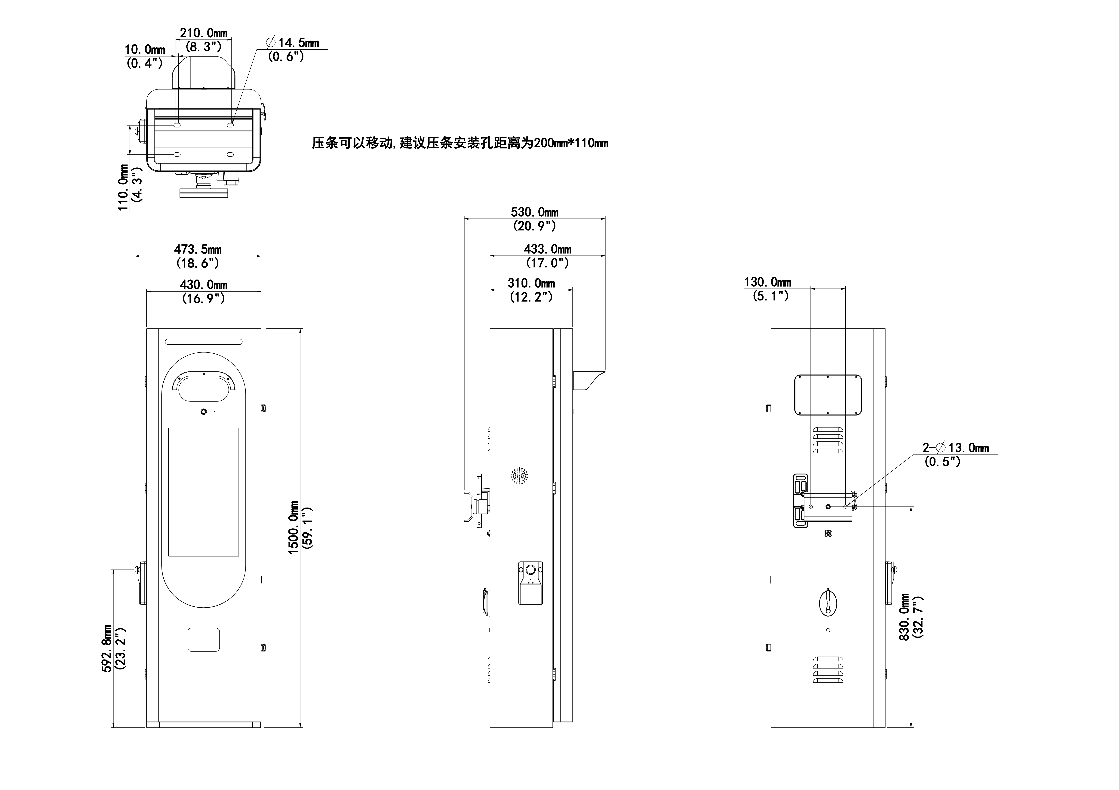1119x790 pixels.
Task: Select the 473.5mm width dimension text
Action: tap(198, 249)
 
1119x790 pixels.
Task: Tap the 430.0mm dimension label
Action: tap(204, 284)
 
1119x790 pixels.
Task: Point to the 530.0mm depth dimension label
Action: tap(535, 212)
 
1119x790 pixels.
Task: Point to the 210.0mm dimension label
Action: tap(204, 33)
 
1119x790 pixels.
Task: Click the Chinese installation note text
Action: tap(460, 143)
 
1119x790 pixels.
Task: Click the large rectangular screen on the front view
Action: tap(204, 492)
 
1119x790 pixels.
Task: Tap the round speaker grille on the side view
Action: tap(520, 476)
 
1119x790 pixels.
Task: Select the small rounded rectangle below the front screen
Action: tap(204, 639)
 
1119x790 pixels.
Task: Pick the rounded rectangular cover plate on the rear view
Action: tap(828, 395)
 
